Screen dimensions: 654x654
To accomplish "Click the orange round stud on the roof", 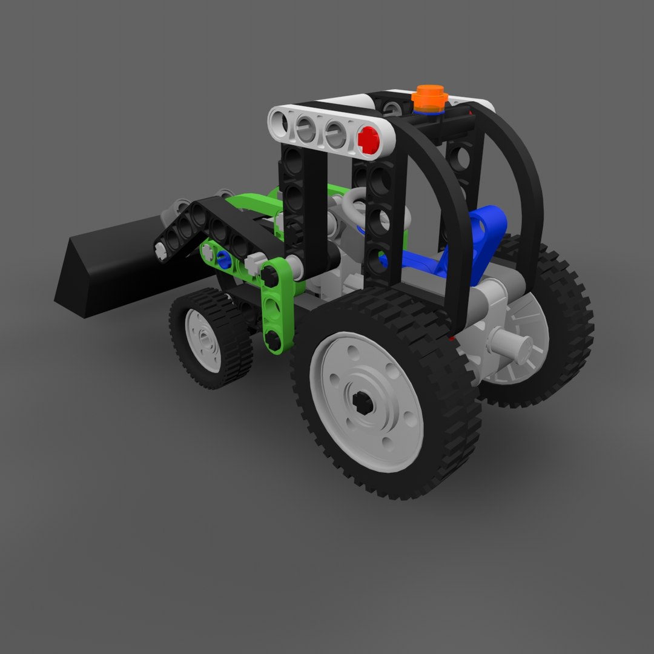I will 429,98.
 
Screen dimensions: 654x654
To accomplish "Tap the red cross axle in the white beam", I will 368,140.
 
